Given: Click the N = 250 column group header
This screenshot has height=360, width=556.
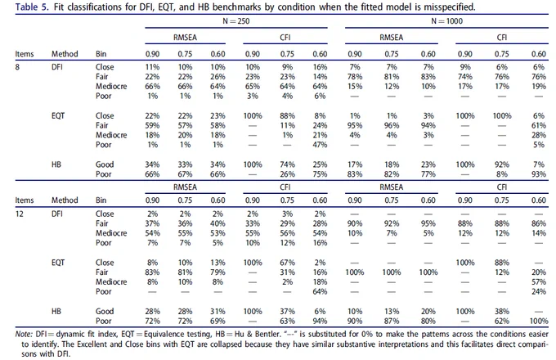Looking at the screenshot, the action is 235,21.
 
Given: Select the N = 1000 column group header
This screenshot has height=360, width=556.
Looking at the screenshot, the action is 446,21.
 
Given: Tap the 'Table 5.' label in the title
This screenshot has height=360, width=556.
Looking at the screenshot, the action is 32,7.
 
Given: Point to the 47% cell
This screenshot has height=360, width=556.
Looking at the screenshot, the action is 320,145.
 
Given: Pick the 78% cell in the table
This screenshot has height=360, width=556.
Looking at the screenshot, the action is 355,77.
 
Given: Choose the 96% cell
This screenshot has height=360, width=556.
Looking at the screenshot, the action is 392,125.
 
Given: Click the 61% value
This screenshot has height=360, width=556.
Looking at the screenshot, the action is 538,125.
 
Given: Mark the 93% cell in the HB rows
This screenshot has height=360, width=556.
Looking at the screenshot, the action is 538,174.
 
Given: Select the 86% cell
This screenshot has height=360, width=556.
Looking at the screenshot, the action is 538,223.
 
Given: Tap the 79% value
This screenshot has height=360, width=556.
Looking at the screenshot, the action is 217,272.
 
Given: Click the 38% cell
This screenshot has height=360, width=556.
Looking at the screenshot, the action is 502,311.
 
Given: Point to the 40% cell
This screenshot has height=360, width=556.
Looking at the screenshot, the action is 217,223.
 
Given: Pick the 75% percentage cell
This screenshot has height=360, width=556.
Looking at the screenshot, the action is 320,174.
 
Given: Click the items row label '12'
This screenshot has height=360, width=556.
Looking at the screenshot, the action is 19,214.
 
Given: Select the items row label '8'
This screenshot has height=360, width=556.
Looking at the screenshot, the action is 17,67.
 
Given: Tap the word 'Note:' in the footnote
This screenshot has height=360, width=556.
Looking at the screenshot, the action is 24,334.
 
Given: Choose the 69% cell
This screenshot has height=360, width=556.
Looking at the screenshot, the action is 217,321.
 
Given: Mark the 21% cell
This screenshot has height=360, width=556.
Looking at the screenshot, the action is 320,135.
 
